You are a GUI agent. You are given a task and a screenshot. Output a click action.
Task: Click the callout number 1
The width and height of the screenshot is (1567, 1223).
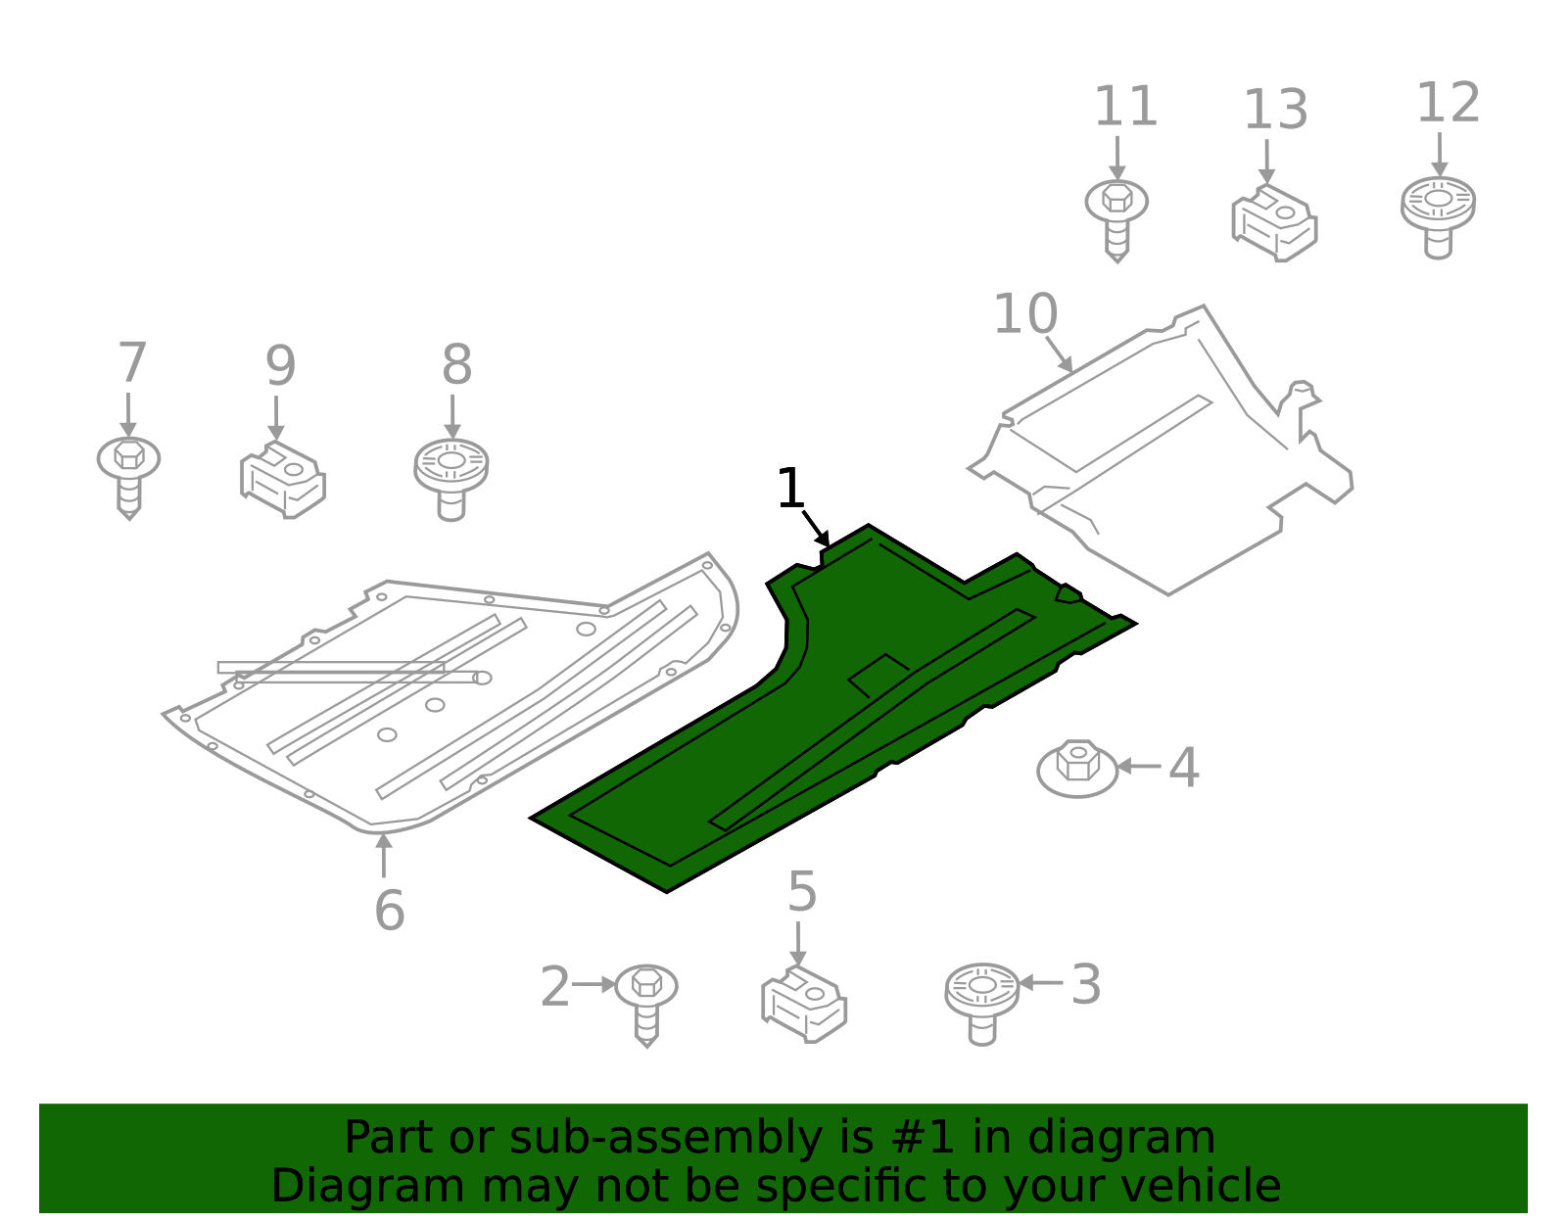coord(789,489)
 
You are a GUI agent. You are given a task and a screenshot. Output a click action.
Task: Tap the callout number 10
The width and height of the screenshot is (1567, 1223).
coord(1024,314)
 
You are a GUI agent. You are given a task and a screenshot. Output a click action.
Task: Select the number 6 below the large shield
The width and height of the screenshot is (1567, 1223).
coord(389,911)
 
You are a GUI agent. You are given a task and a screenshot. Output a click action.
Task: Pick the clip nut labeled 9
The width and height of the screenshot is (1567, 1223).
coord(282,480)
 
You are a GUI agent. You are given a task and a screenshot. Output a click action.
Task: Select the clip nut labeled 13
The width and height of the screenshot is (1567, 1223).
coord(1273,223)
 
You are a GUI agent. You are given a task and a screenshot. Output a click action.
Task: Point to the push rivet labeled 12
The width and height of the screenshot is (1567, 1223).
coord(1438,214)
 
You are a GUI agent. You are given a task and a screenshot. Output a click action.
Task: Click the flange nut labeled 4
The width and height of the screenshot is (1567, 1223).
coord(1077,769)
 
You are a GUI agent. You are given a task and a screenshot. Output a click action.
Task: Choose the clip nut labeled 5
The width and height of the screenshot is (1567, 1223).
coord(804,1004)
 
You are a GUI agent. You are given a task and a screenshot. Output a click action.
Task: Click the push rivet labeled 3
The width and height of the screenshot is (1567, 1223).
coord(981,1001)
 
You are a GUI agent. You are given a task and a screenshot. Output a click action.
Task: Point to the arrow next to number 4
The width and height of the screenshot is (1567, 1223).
coord(1138,767)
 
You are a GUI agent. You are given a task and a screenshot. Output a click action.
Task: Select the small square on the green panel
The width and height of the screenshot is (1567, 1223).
coord(878,675)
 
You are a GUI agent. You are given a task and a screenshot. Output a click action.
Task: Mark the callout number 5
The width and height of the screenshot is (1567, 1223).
coord(801,892)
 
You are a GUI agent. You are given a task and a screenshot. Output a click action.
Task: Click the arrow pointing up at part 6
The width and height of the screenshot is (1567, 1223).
coord(384,854)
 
